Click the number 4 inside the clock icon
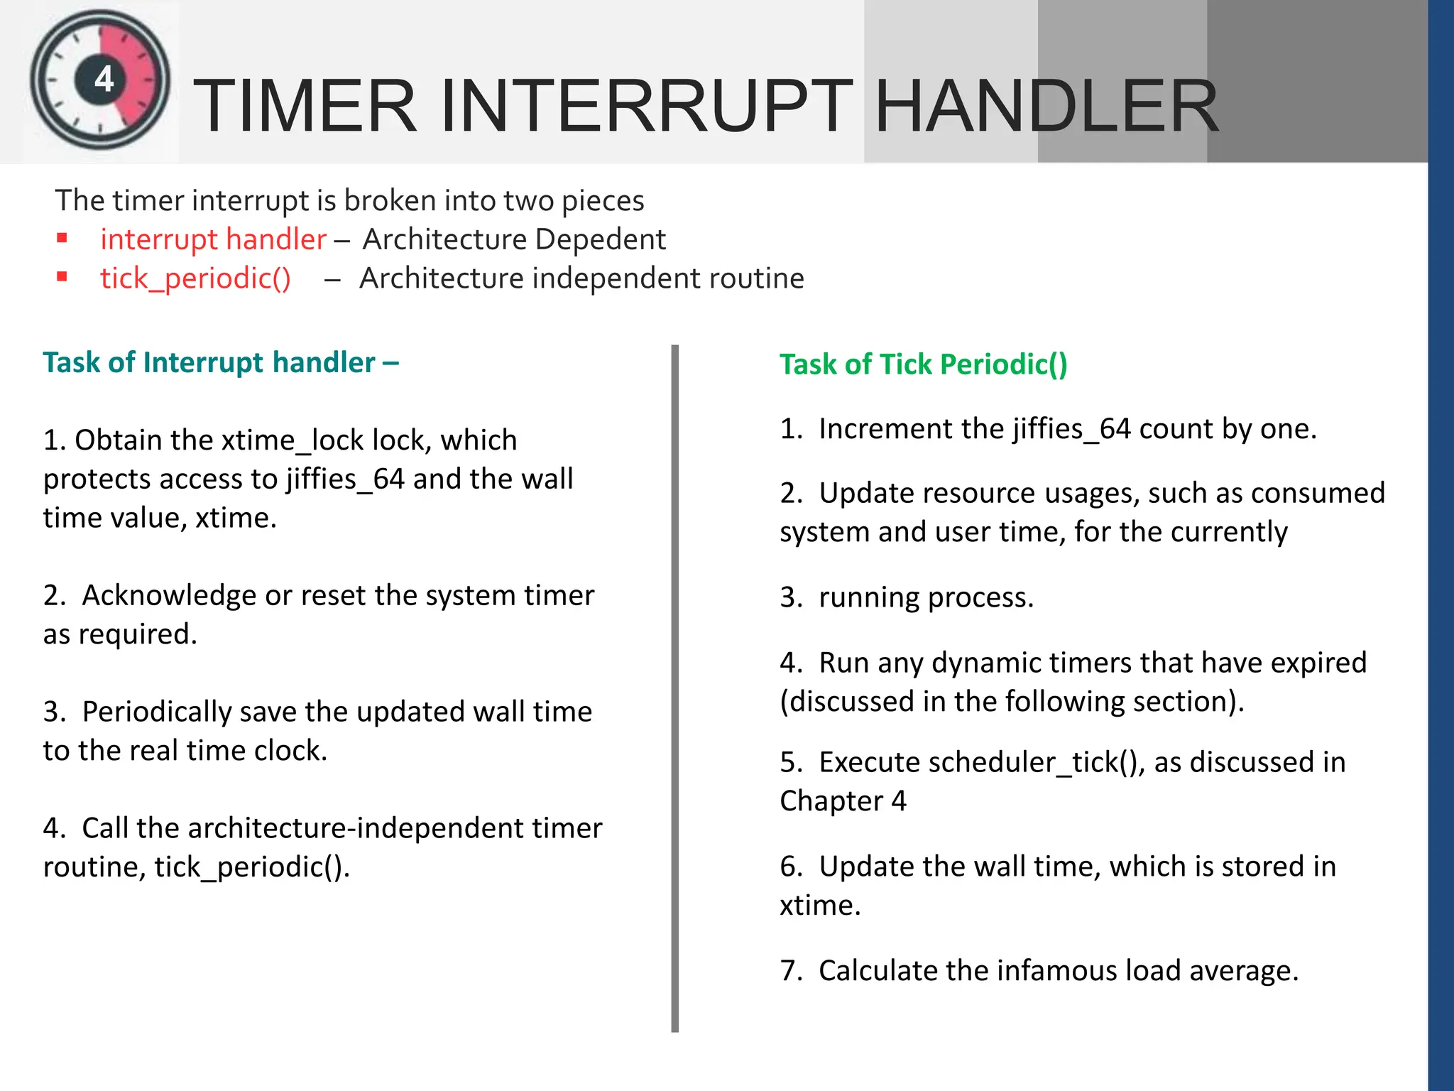pos(104,79)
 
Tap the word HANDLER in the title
pos(1046,107)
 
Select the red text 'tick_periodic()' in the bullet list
pos(195,278)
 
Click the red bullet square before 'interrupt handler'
pos(62,239)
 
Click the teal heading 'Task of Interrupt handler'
pos(209,362)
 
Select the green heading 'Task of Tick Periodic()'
pos(923,364)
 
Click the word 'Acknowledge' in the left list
pos(169,595)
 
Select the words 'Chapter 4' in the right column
pos(843,801)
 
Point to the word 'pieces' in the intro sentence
pos(603,201)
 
